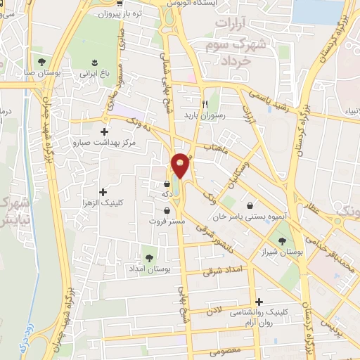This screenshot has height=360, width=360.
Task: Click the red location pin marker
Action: click(181, 165)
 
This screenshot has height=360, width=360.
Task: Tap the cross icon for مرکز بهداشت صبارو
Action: click(105, 131)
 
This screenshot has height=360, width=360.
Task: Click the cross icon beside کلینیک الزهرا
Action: click(104, 192)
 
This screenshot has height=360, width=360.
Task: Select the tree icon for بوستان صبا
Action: click(42, 61)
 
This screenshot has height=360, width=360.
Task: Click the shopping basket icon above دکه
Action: click(167, 184)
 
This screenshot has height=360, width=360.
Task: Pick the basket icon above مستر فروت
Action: click(167, 210)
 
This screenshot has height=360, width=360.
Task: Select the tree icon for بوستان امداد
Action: click(148, 257)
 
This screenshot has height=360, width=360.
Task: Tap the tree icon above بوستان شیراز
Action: click(283, 240)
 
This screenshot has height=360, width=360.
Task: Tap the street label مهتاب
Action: click(216, 148)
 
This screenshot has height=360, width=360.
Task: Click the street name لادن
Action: click(214, 309)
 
